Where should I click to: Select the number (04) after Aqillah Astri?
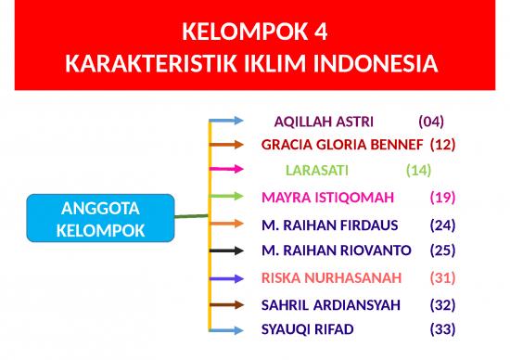(431, 122)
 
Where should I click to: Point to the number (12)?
(442, 145)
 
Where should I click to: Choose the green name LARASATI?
(316, 170)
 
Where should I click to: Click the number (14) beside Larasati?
(419, 170)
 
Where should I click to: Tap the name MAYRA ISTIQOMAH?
(328, 197)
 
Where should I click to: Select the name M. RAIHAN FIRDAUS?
(329, 225)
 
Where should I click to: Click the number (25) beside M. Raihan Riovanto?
(442, 250)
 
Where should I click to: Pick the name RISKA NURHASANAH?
(332, 277)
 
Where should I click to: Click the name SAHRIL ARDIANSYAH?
(330, 304)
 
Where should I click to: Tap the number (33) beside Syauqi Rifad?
(442, 328)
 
